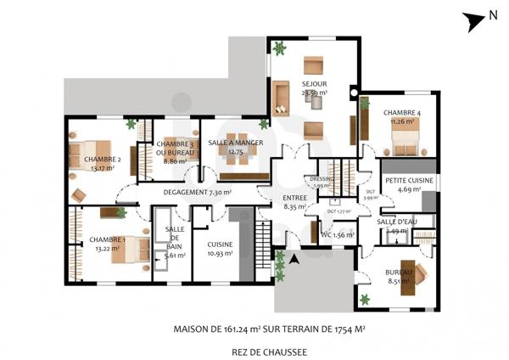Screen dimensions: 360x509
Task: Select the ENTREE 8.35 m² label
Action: click(x=294, y=201)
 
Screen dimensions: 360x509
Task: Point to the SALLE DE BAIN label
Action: click(x=175, y=241)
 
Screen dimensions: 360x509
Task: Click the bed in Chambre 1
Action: click(x=135, y=249)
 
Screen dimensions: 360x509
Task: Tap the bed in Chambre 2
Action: click(x=93, y=154)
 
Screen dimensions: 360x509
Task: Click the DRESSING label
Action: click(x=322, y=182)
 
